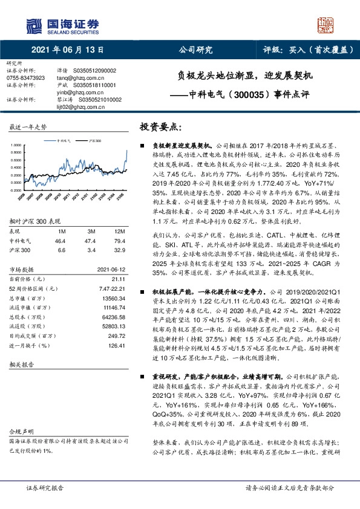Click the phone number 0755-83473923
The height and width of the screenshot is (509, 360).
[x=25, y=78]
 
